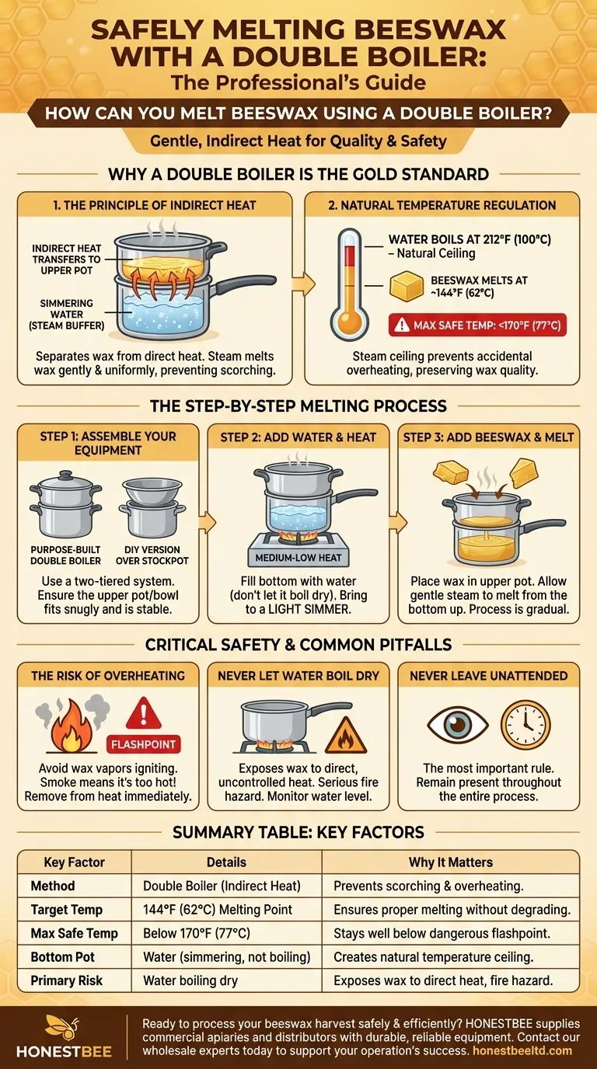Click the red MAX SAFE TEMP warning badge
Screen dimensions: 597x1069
[x=477, y=325]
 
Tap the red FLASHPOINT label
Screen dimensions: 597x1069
[x=143, y=744]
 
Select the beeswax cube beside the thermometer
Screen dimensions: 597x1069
[x=407, y=287]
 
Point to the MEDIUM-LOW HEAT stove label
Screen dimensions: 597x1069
[x=298, y=557]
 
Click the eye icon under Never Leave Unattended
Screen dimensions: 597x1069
[x=458, y=724]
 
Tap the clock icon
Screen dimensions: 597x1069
[x=525, y=724]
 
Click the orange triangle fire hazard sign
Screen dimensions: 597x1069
[x=346, y=735]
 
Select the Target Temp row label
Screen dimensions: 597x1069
[x=66, y=910]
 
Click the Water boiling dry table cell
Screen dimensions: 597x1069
[x=190, y=980]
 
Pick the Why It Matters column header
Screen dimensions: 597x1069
[x=450, y=862]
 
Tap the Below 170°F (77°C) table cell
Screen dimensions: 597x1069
[x=197, y=933]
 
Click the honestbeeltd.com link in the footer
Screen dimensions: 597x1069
[x=522, y=1050]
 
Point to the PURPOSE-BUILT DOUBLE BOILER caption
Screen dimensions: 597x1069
[x=65, y=555]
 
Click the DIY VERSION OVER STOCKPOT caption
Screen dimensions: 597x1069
[x=152, y=555]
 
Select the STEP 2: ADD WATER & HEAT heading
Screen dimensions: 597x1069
[x=298, y=437]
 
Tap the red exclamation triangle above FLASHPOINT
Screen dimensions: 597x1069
[x=143, y=712]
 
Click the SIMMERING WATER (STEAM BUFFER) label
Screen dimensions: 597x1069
[x=66, y=315]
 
